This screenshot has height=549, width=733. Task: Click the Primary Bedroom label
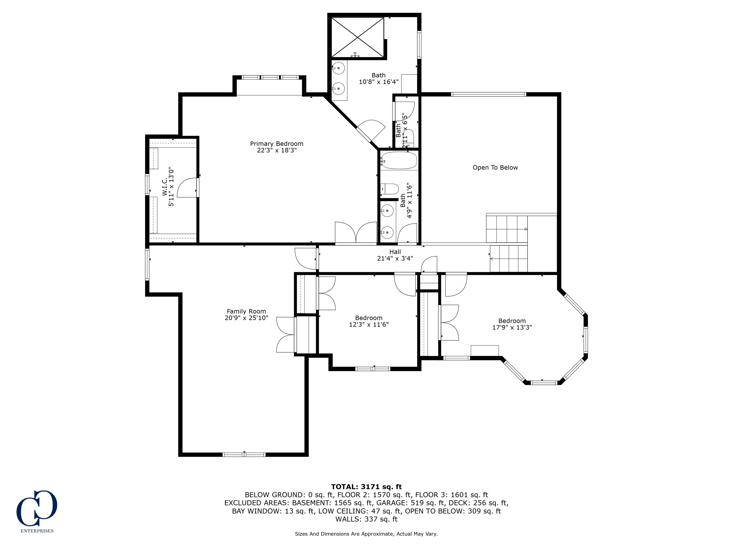[276, 144]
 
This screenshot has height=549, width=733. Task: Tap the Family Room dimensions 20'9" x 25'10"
[246, 318]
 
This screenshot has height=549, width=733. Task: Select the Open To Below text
[495, 167]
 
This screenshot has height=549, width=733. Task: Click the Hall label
[395, 252]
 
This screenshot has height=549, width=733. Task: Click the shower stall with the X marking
[357, 37]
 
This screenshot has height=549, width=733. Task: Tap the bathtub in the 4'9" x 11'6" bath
[399, 161]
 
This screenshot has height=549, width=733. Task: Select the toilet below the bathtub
[390, 189]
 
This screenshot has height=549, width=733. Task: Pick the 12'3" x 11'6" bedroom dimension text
[368, 325]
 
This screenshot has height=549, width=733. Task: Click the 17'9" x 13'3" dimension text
[512, 327]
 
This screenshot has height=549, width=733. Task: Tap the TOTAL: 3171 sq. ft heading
[366, 487]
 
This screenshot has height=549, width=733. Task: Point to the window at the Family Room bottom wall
[244, 455]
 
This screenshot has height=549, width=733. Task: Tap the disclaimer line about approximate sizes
[366, 534]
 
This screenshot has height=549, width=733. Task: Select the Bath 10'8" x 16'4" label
[378, 78]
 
